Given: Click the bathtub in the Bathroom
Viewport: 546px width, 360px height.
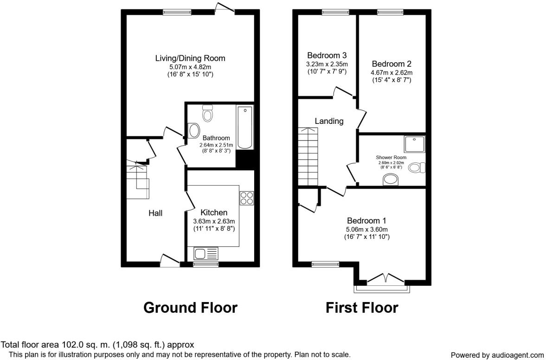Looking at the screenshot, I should point(244,128).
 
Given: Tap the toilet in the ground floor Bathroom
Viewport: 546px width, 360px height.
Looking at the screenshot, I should point(207,113).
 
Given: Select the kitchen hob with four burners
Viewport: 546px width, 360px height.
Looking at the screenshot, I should point(246,198).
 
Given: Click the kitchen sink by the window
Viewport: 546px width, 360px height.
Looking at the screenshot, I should point(206,254).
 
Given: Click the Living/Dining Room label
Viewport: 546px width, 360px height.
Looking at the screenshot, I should point(190,58).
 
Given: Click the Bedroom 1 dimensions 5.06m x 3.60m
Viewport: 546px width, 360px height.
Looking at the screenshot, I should point(366,229).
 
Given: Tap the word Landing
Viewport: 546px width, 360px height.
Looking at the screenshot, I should point(329,121).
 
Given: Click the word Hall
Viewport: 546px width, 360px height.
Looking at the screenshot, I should point(155,213).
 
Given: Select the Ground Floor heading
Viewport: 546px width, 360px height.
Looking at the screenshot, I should point(190,307).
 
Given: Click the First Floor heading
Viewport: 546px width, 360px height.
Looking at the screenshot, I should point(362,307).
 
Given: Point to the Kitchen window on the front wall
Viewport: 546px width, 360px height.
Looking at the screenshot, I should point(206,264).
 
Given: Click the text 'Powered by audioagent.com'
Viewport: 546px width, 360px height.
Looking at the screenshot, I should point(497,355).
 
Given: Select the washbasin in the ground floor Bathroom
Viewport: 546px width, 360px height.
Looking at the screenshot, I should point(193,130).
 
